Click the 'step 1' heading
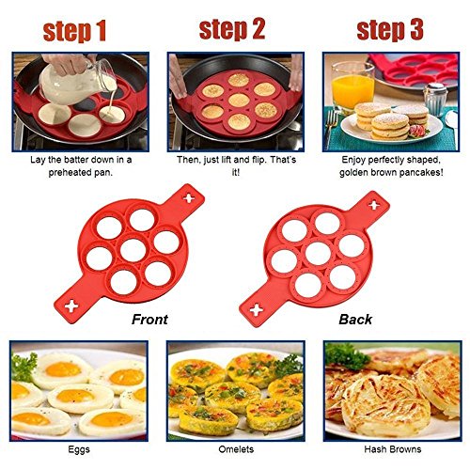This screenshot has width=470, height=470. point(74,31)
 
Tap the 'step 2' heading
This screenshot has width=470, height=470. point(232,29)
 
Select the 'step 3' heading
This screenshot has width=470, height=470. point(390,29)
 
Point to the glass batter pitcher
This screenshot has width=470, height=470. point(78,82)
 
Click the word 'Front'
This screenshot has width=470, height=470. point(149,320)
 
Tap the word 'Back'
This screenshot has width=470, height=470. point(355,320)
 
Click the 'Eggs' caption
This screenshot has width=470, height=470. point(79,449)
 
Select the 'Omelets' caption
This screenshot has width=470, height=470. point(236,449)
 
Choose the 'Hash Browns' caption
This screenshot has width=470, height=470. point(393,449)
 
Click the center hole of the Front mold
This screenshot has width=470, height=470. point(133,250)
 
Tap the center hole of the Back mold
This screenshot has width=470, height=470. point(318,254)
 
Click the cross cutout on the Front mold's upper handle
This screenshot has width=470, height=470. point(189,198)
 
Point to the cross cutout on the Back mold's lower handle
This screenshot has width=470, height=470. point(257,309)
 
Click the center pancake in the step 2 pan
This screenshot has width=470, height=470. point(239,101)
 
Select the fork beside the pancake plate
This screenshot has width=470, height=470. point(331,129)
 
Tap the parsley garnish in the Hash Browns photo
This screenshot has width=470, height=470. point(346,357)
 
